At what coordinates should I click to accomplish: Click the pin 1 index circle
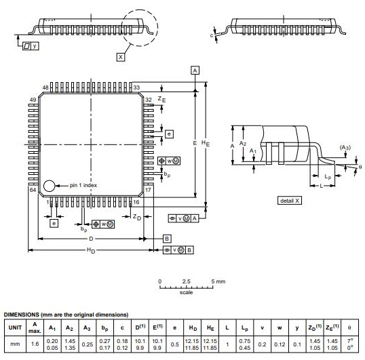(x=49, y=186)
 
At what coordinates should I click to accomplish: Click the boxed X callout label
(x=121, y=57)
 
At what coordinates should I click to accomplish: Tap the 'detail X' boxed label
(x=290, y=201)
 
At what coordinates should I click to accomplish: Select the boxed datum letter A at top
(x=195, y=71)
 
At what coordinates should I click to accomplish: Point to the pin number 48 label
(x=45, y=87)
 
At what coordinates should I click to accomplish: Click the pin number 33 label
(x=136, y=87)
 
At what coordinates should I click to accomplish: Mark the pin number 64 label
(x=33, y=190)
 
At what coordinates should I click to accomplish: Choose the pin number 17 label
(x=148, y=190)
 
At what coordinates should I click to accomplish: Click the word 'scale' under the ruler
(x=186, y=292)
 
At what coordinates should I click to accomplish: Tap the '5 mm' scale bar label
(x=218, y=281)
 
